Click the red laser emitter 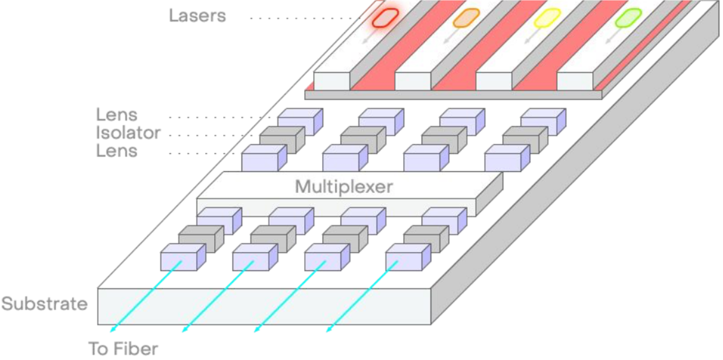[x=386, y=17]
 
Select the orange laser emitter [x=466, y=18]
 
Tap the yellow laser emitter [x=547, y=18]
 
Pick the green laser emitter [x=628, y=18]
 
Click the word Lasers [x=198, y=16]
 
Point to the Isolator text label [x=128, y=133]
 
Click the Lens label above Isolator [x=117, y=115]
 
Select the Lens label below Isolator [x=117, y=152]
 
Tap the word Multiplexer [x=344, y=187]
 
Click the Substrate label [x=44, y=304]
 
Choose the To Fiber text [x=123, y=349]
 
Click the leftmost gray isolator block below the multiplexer [x=197, y=238]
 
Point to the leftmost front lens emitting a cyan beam [x=178, y=259]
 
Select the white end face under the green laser [x=575, y=81]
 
